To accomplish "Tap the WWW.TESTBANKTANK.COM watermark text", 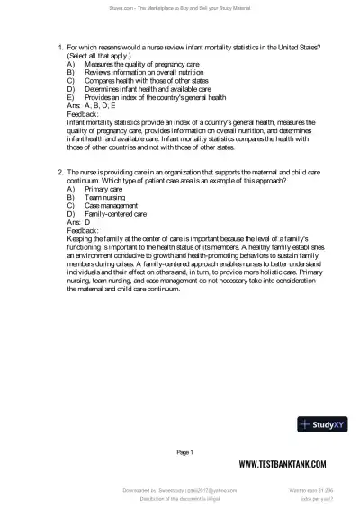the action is point(287,464).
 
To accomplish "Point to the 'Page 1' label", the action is point(184,450).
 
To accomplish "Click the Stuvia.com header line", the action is point(180,7).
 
